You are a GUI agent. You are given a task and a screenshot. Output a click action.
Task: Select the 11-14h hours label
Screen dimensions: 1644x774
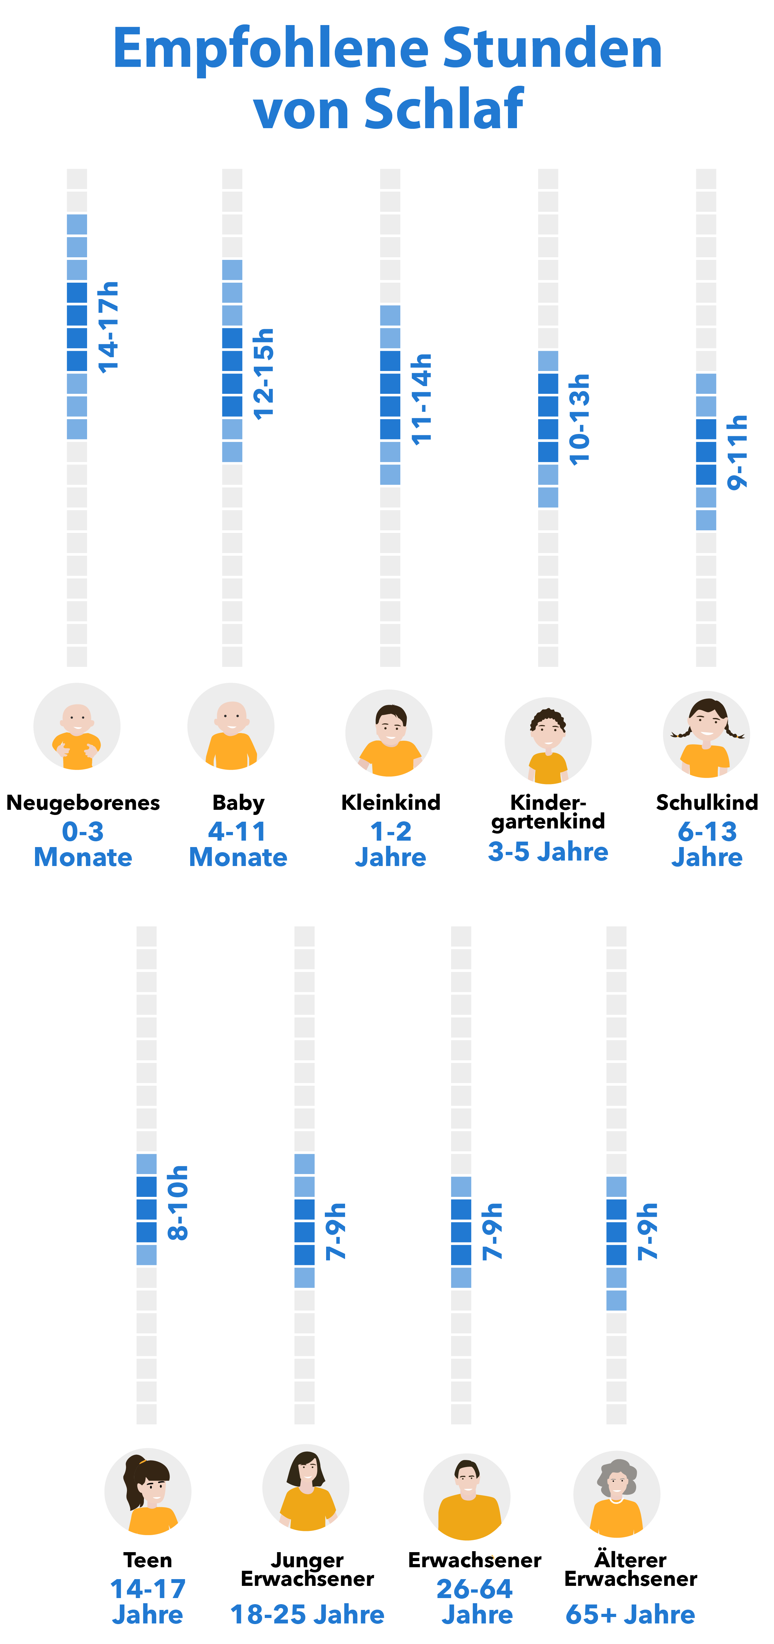click(421, 399)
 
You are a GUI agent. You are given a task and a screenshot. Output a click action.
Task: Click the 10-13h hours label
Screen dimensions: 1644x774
click(579, 419)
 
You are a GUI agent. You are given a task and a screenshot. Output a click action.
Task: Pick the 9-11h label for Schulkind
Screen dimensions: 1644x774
click(737, 452)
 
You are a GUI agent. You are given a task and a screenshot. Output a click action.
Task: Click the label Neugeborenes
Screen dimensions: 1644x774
click(83, 802)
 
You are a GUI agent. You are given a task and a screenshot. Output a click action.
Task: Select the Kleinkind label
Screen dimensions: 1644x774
click(390, 802)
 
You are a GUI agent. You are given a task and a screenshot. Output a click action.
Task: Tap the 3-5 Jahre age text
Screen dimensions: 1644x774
click(547, 851)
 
